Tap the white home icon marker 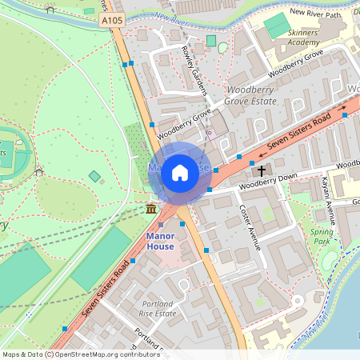click(180, 172)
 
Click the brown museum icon click(150, 209)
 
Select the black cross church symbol click(260, 170)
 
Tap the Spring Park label click(322, 236)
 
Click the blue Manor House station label click(160, 241)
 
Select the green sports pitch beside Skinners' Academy click(278, 26)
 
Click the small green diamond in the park click(94, 176)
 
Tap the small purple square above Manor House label click(160, 224)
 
